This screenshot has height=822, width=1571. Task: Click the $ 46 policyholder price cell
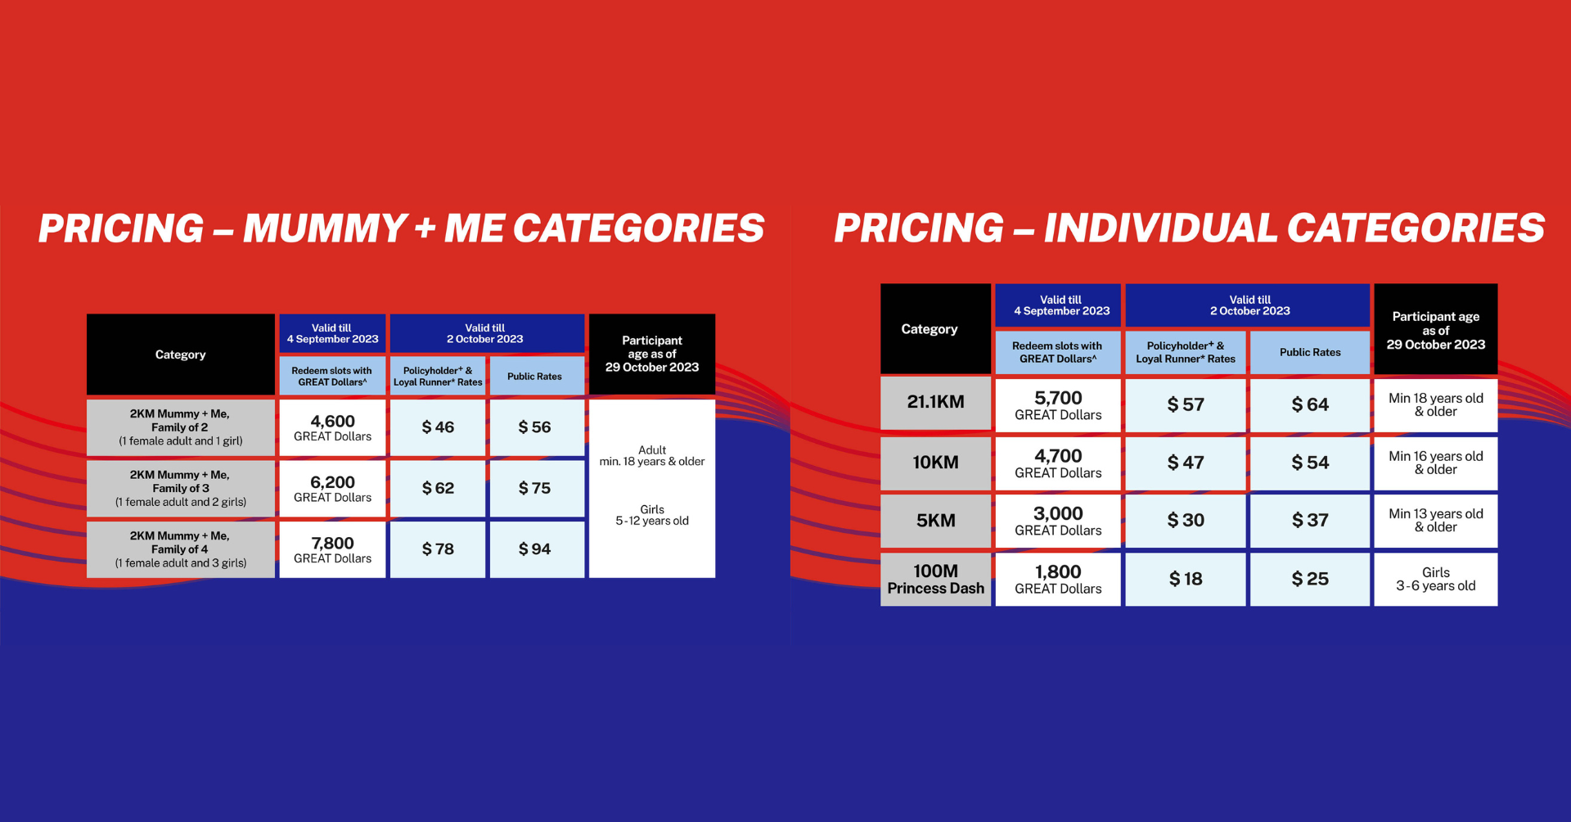click(438, 427)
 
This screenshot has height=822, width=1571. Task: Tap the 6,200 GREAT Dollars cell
click(332, 489)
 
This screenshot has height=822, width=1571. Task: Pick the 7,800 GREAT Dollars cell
click(332, 549)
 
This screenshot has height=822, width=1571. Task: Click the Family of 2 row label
click(181, 427)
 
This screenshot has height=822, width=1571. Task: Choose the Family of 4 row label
click(181, 549)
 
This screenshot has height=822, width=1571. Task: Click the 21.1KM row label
click(935, 403)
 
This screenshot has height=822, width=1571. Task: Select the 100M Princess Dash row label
click(935, 580)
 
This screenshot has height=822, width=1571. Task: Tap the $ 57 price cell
click(1186, 404)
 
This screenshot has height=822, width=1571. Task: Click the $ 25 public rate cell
click(1310, 580)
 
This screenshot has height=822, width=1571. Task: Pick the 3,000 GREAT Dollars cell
click(1058, 521)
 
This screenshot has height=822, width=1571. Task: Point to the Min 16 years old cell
click(1436, 463)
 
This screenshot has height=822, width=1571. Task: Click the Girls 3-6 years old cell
click(1436, 580)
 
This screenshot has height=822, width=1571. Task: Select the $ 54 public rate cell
click(1310, 463)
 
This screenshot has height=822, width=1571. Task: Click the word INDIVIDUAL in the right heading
click(1159, 228)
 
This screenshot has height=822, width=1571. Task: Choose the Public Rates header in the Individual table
click(1310, 353)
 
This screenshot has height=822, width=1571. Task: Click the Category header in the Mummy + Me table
click(181, 355)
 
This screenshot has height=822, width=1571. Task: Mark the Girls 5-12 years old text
click(652, 515)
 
